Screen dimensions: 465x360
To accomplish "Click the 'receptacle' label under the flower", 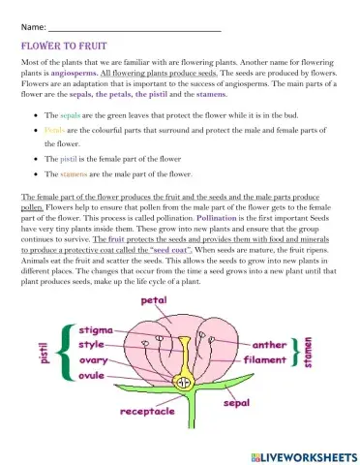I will click(148, 412).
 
